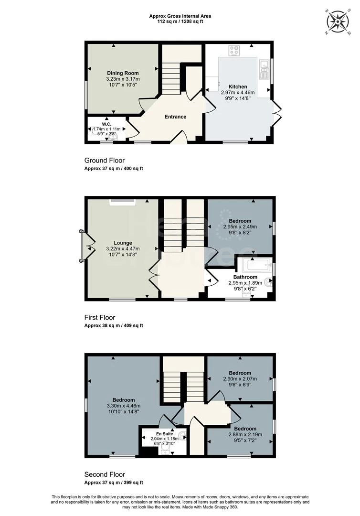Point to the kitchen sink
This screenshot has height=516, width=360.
coord(264,68)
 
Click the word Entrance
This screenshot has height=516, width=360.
coord(175,117)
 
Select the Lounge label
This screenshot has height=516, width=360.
coord(123,243)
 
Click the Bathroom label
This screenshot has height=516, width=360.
coord(245,277)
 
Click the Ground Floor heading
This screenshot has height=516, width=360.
coord(104,161)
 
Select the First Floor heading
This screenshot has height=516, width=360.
coord(100,317)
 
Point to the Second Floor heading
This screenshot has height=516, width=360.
coord(105,474)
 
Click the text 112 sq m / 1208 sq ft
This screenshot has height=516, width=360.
coord(180,21)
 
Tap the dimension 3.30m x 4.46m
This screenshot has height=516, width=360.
coord(123,406)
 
